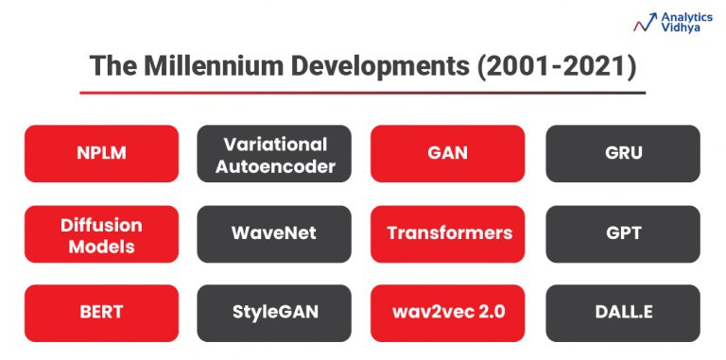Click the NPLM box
(101, 153)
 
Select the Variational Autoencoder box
(274, 153)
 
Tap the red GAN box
(447, 153)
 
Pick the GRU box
(622, 153)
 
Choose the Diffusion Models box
(101, 234)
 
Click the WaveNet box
(274, 233)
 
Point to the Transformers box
(447, 233)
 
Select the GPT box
(622, 233)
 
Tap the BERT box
(101, 313)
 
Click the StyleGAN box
(274, 313)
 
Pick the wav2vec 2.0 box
(447, 313)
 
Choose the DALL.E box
(622, 313)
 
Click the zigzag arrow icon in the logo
(647, 23)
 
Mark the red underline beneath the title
(362, 93)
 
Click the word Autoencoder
(274, 166)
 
